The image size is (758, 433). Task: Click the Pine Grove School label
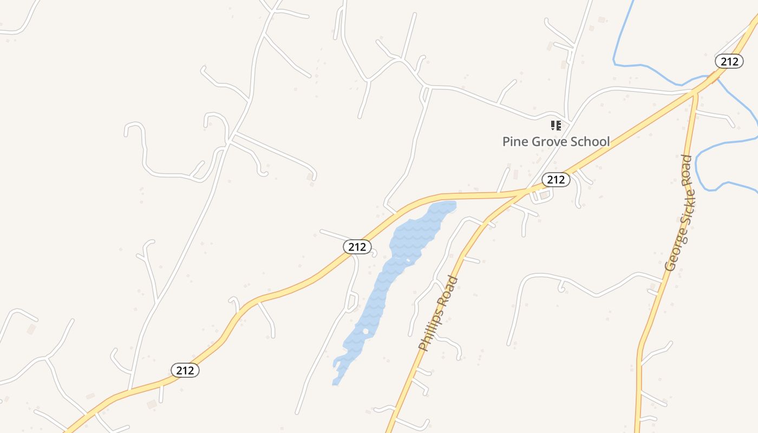coord(556,142)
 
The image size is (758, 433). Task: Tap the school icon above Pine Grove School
coord(556,126)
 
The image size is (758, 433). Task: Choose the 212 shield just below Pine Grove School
coord(556,180)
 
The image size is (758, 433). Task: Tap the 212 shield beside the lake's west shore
coord(357,247)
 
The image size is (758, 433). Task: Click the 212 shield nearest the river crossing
coord(729,62)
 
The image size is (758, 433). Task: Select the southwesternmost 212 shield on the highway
coord(185,370)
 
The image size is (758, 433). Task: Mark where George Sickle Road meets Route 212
coord(695,93)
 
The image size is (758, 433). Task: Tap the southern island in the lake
coord(366,331)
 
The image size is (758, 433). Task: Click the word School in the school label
coord(590,142)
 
